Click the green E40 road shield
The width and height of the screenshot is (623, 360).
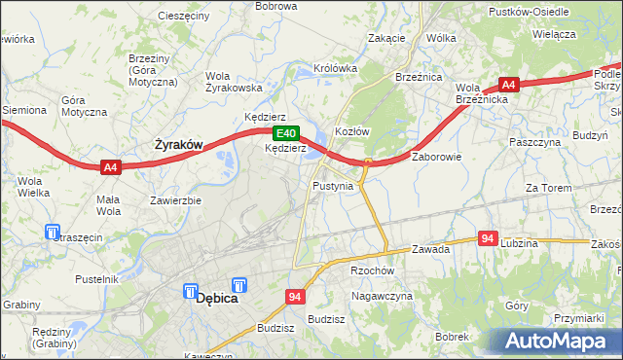click(x=284, y=133)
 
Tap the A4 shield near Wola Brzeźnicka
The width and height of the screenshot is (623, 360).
click(x=508, y=85)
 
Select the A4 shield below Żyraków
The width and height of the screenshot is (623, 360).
click(x=111, y=167)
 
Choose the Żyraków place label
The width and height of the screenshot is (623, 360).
click(x=179, y=145)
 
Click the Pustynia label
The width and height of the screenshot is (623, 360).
click(x=334, y=185)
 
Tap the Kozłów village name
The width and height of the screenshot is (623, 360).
click(x=351, y=131)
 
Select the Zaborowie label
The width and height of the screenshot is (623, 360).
click(x=436, y=156)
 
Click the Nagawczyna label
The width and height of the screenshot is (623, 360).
click(x=383, y=295)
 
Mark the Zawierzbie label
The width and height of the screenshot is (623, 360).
click(x=175, y=201)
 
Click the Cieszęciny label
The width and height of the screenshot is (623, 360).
click(x=183, y=17)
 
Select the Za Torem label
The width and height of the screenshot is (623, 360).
click(x=546, y=187)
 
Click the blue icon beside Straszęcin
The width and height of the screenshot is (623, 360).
click(x=52, y=232)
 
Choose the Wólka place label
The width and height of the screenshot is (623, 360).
click(x=441, y=38)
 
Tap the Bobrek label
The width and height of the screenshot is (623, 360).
click(x=453, y=336)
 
